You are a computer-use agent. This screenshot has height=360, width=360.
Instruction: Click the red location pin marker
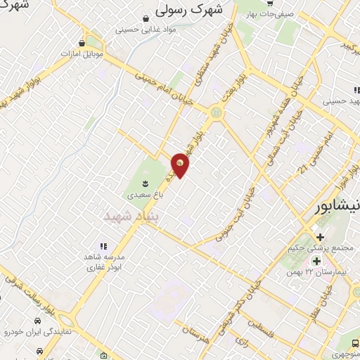180,165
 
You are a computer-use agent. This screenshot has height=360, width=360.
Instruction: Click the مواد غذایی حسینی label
146,30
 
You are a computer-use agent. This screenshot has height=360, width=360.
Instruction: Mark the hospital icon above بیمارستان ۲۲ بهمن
317,261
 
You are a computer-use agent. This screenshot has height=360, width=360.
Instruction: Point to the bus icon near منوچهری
355,342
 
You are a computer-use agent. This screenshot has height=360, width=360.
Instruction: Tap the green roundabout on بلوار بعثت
216,112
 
